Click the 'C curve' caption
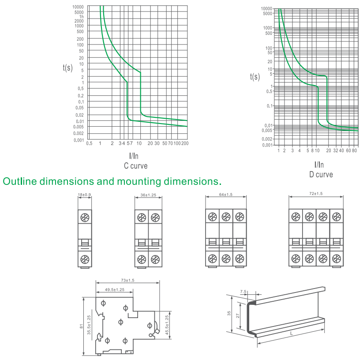point(136,166)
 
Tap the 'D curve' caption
point(321,174)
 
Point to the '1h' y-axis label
point(81,17)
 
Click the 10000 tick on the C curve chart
point(78,7)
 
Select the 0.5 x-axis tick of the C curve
point(89,143)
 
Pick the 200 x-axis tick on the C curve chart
point(185,143)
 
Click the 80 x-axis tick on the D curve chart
point(355,150)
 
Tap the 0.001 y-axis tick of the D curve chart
point(267,145)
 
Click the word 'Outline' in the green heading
point(20,181)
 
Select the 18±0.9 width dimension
point(85,195)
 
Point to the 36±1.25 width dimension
point(148,195)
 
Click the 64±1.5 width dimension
point(226,195)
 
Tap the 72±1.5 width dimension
point(316,194)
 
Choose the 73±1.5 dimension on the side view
point(127,280)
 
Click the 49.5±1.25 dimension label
point(115,289)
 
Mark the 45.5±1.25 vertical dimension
point(167,325)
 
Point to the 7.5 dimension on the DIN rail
point(243,292)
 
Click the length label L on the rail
point(292,334)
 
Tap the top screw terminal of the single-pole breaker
point(85,217)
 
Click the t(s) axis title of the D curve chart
point(255,77)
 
